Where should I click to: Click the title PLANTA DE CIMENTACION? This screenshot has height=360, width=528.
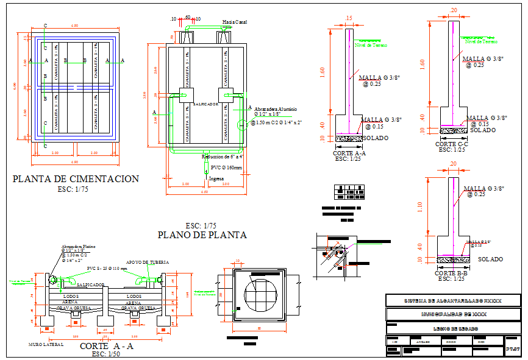click(x=76, y=179)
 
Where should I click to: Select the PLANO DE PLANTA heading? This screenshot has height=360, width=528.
click(x=202, y=235)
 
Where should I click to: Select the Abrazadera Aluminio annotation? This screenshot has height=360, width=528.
click(x=275, y=108)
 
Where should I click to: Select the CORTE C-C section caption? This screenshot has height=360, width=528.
click(x=452, y=144)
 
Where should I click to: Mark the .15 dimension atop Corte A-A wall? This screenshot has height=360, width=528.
click(x=349, y=18)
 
